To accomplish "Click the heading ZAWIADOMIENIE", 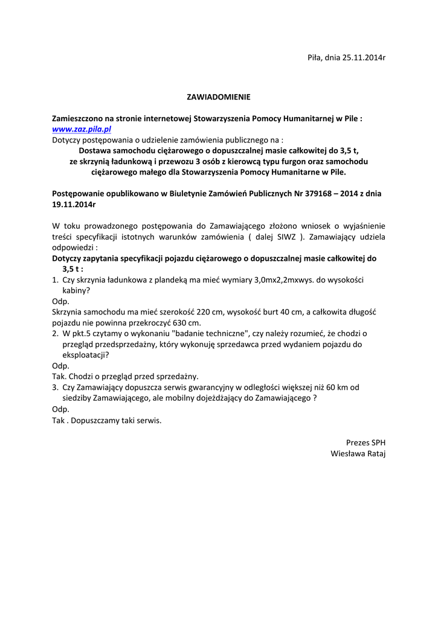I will pyautogui.click(x=218, y=97).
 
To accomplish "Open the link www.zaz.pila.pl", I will pyautogui.click(x=82, y=129).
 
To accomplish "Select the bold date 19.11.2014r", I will pyautogui.click(x=74, y=205).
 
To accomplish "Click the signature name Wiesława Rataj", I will pyautogui.click(x=358, y=453).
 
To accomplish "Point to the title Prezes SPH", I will pyautogui.click(x=366, y=442).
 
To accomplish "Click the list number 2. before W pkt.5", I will pyautogui.click(x=55, y=333).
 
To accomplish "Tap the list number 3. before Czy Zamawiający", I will pyautogui.click(x=55, y=387).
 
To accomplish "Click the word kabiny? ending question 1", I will pyautogui.click(x=76, y=290).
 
